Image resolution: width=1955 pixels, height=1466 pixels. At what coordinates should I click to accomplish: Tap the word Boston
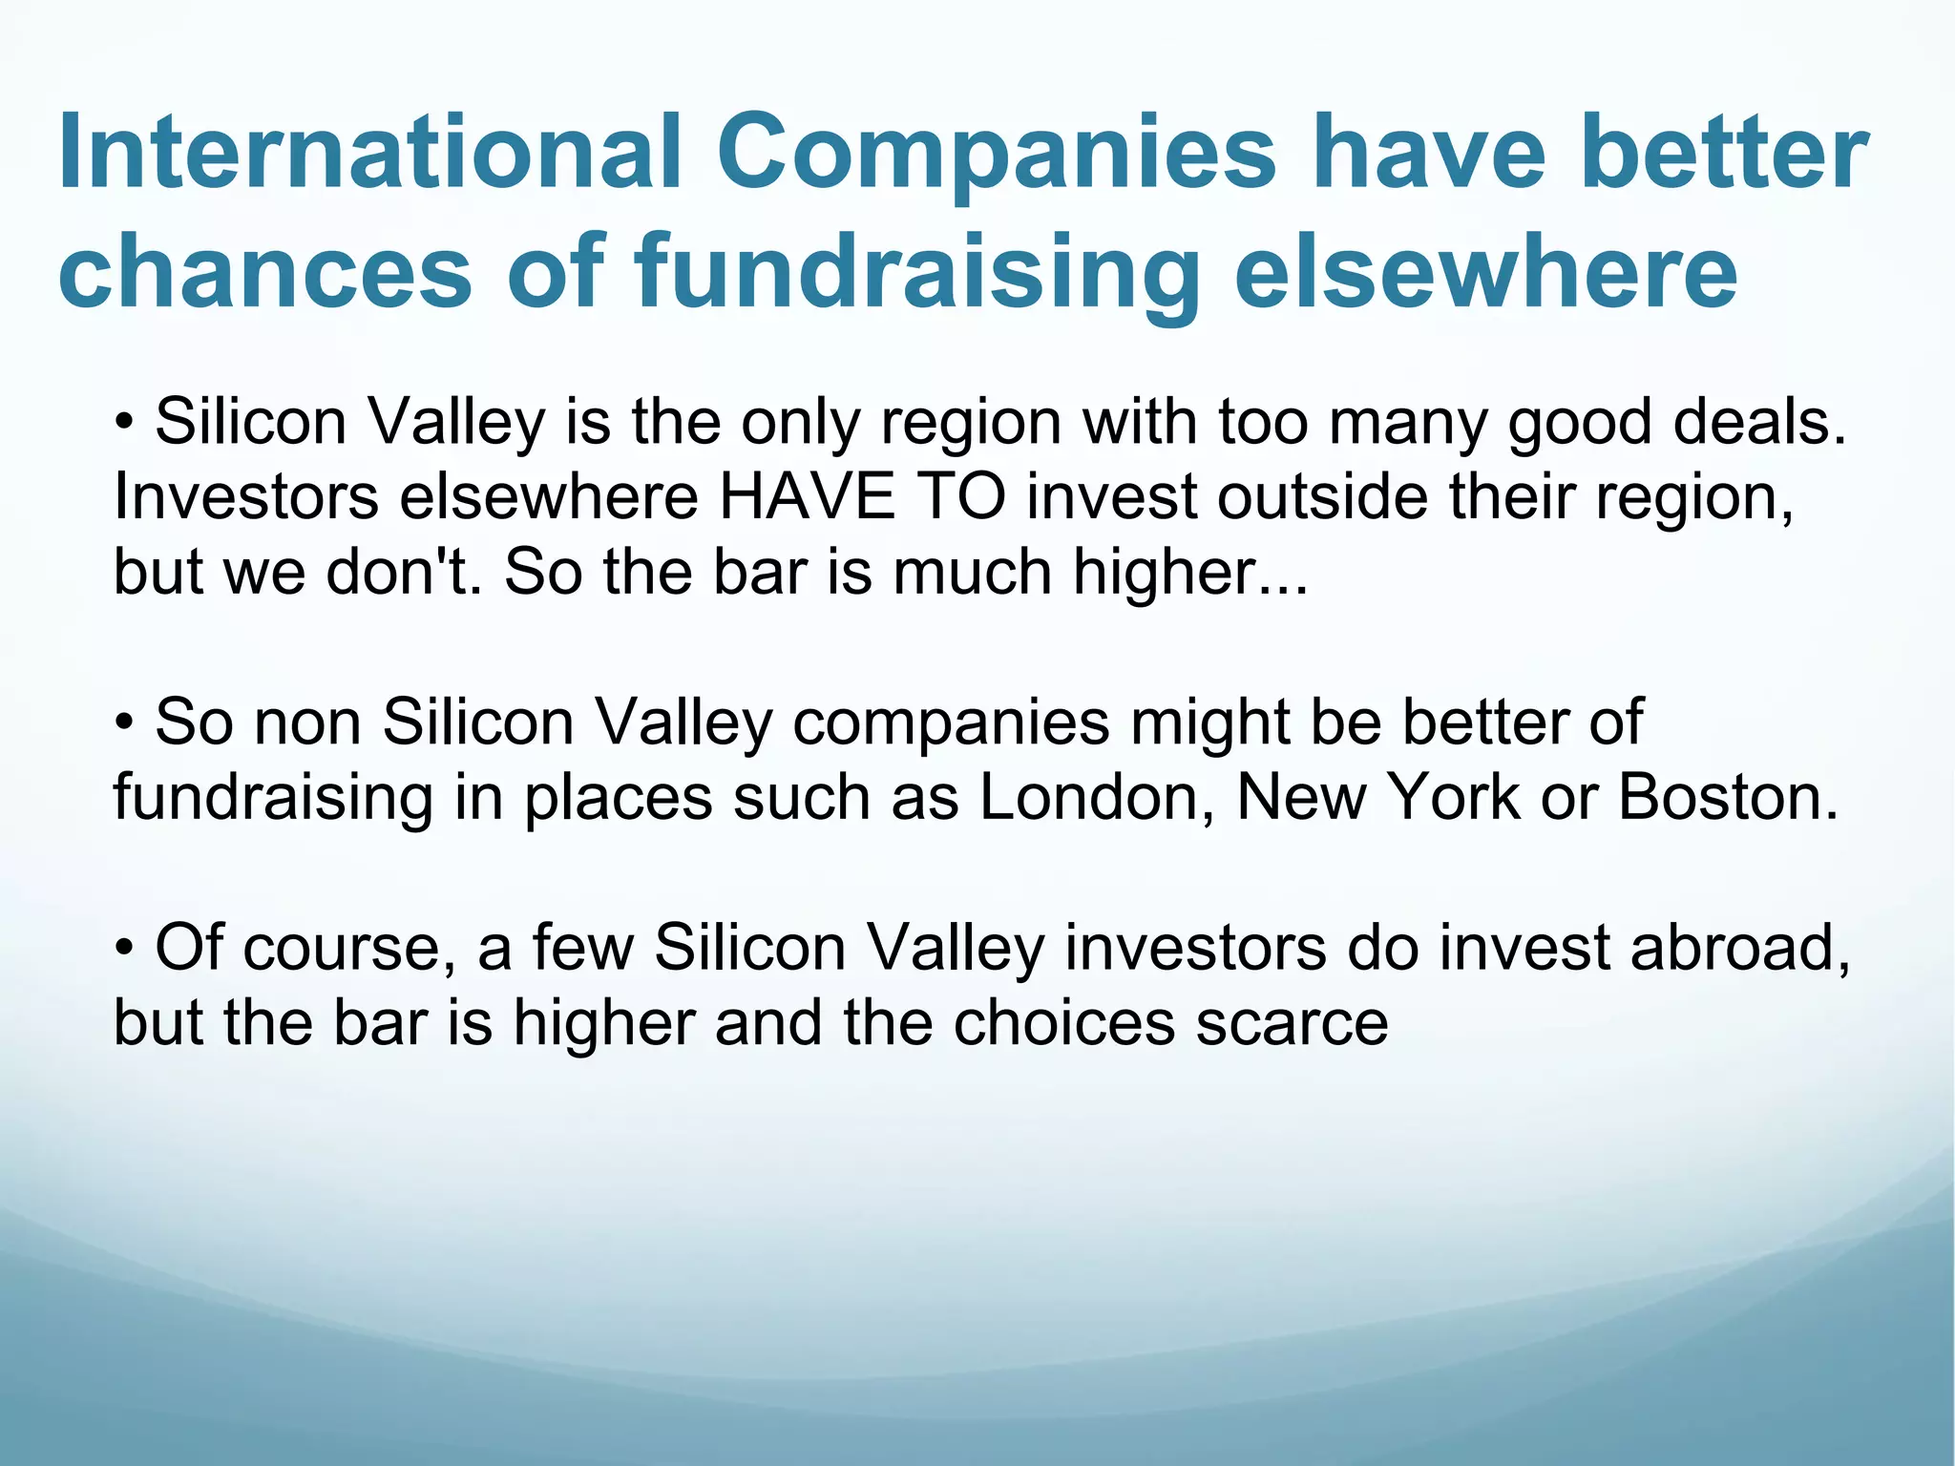coord(1728,797)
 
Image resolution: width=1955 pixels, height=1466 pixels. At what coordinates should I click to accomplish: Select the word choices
coord(1063,1023)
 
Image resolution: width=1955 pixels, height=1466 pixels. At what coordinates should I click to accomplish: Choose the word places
coord(618,799)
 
